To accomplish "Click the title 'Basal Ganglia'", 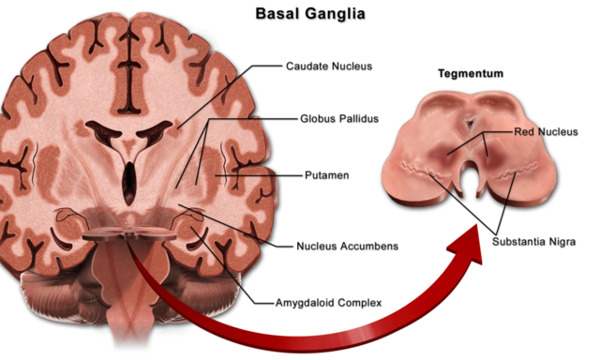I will tap(299, 16).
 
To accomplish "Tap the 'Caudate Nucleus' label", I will tap(328, 67).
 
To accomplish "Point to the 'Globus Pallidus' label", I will tap(337, 120).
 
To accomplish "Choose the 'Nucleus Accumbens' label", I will tap(347, 247).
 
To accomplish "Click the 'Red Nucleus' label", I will tap(545, 133).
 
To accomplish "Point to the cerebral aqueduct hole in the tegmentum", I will tap(470, 122).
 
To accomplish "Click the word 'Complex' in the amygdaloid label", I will tap(360, 303).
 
